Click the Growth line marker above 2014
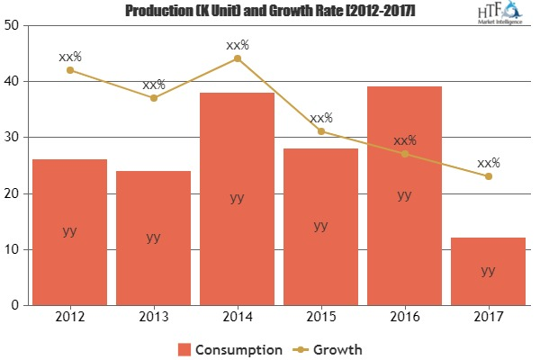237,58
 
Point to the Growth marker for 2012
70,70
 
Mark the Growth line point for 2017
488,176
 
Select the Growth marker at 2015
320,131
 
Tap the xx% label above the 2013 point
154,85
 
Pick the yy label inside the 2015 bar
320,226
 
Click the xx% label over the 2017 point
488,163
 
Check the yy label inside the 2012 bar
70,231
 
